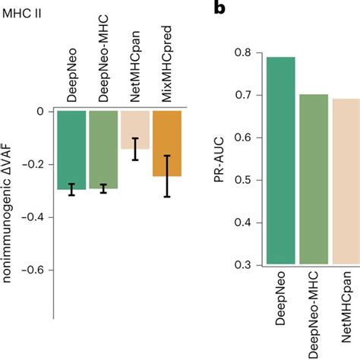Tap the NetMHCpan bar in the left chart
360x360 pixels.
(135, 129)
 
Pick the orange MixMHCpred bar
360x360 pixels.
(167, 144)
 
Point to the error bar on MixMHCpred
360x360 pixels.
(167, 175)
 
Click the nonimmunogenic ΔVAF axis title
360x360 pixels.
(11, 216)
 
